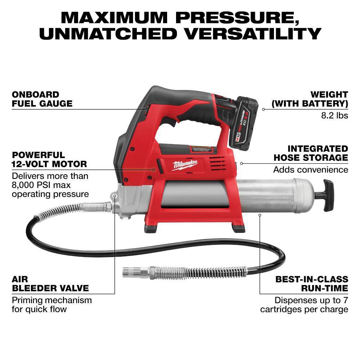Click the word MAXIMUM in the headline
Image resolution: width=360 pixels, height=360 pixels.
tap(114, 17)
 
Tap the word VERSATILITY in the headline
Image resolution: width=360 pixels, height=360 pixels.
tap(253, 33)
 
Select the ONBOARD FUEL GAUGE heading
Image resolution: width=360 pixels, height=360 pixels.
tap(42, 99)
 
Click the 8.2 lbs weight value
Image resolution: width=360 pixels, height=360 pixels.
tap(334, 115)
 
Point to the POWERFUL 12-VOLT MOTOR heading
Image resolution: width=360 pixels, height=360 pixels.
tap(49, 159)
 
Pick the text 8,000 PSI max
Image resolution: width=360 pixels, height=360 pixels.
tap(41, 185)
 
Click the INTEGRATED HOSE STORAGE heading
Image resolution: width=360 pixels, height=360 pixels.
tap(311, 153)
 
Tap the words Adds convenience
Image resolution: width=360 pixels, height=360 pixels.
tap(311, 170)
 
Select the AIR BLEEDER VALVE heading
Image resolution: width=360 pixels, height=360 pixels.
tap(50, 284)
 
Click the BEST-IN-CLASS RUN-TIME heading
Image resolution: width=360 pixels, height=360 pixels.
tap(312, 284)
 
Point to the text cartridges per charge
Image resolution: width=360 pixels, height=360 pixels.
tap(304, 309)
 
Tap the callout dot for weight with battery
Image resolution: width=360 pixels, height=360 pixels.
tap(264, 109)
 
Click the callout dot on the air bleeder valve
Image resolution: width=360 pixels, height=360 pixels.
tap(115, 196)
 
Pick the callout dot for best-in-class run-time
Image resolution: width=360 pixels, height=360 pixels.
tap(260, 215)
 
